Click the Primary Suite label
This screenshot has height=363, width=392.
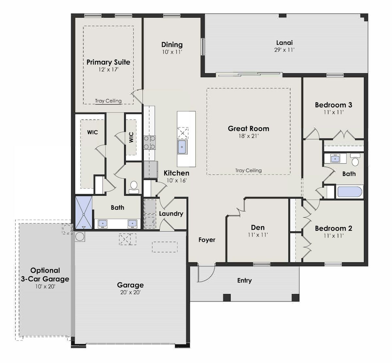click(x=108, y=62)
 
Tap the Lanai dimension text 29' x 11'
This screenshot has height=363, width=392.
click(x=284, y=50)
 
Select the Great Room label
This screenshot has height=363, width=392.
click(x=248, y=128)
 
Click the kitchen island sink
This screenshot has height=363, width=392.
click(x=182, y=147)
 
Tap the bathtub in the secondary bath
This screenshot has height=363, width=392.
click(x=350, y=191)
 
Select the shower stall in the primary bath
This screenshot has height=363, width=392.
click(x=84, y=213)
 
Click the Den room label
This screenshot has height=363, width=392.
click(x=258, y=227)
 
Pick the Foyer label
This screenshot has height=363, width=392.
click(x=207, y=240)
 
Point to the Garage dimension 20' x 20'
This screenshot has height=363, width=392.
click(x=130, y=292)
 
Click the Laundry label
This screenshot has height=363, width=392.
click(x=171, y=214)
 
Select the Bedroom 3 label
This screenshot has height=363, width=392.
click(x=333, y=105)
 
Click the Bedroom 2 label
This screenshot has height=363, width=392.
click(x=333, y=228)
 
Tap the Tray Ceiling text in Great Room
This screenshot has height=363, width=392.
click(x=248, y=170)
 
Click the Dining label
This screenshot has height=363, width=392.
click(x=172, y=45)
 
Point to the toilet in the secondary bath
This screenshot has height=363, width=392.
click(x=355, y=160)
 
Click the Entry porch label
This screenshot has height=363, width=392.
click(x=244, y=280)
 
